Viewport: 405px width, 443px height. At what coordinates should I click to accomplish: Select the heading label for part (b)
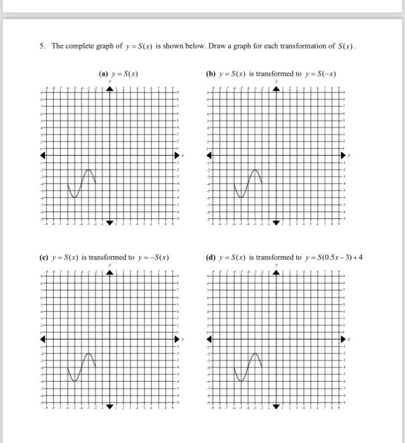(271, 73)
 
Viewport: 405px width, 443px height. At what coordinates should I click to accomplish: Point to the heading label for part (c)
(105, 258)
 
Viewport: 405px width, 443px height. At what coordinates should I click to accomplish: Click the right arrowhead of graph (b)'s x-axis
(344, 155)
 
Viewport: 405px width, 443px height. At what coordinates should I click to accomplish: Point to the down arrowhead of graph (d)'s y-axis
(276, 405)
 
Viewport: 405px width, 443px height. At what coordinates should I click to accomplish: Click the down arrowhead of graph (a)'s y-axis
(110, 221)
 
